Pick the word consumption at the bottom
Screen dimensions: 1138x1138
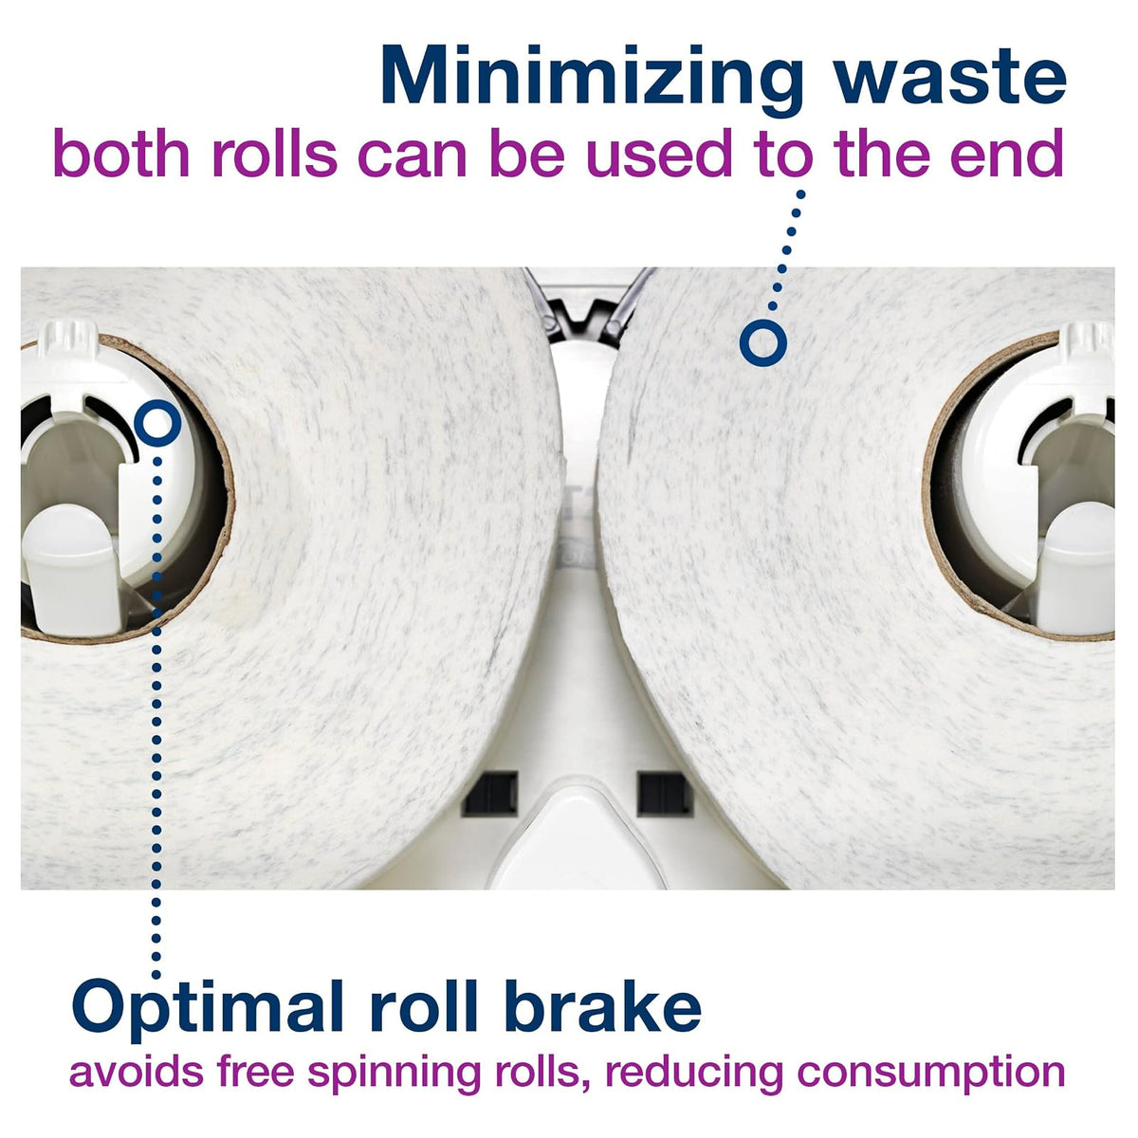coord(931,1093)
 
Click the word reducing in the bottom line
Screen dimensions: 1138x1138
coord(692,1093)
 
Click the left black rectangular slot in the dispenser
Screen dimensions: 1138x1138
coord(489,794)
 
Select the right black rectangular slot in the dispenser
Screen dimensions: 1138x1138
coord(665,794)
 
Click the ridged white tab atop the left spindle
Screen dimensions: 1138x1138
coord(68,340)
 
